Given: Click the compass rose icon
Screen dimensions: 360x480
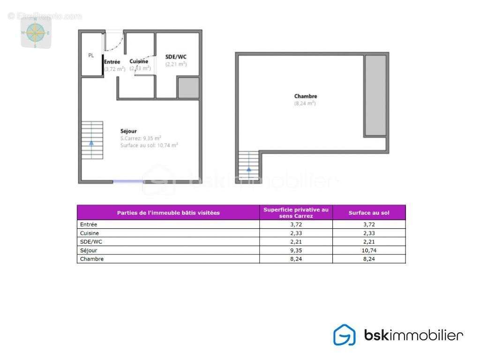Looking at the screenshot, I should [x=35, y=33].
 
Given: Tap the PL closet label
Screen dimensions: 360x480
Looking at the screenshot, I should [x=91, y=55].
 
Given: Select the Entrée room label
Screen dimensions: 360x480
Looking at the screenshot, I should [x=112, y=61].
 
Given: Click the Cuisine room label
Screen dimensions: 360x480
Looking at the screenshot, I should [x=139, y=61].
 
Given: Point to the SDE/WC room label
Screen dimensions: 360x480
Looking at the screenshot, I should [x=176, y=57].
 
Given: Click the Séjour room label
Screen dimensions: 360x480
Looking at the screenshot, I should [x=128, y=131].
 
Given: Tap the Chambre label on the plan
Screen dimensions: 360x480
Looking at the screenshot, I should [x=306, y=97].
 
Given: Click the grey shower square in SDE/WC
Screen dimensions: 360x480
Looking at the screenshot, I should [x=188, y=88].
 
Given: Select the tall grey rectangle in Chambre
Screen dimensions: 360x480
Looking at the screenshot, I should [x=375, y=96].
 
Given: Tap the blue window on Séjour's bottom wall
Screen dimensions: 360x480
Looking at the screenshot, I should [x=128, y=181].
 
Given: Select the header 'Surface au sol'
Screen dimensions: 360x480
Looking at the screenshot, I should [x=369, y=213].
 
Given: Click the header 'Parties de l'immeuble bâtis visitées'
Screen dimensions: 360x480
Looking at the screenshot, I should [x=168, y=213].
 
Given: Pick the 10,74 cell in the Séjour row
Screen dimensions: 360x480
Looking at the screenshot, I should [x=369, y=250].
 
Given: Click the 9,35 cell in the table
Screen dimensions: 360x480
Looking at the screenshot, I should [x=296, y=250].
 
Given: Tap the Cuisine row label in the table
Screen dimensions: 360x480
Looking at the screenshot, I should [x=90, y=233].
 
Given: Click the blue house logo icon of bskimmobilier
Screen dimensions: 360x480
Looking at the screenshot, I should [x=344, y=335].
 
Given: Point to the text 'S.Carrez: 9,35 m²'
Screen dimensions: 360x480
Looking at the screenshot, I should [x=141, y=138].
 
